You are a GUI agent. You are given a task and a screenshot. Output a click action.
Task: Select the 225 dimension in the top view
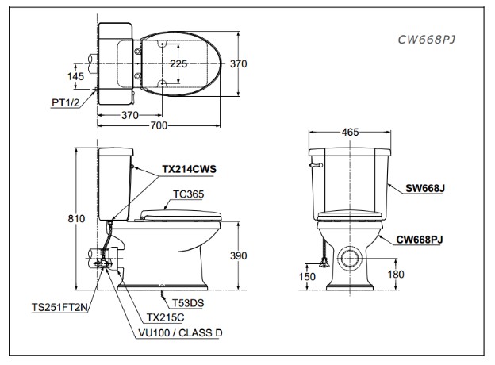click(179, 63)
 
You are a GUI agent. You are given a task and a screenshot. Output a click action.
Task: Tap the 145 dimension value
click(75, 75)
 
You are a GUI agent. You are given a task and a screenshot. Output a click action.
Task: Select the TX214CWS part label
click(189, 169)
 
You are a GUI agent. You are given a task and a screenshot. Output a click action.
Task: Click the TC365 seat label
click(187, 194)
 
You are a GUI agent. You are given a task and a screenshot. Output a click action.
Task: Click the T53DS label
click(186, 303)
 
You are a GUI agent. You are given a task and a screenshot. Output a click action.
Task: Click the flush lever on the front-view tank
click(314, 165)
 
